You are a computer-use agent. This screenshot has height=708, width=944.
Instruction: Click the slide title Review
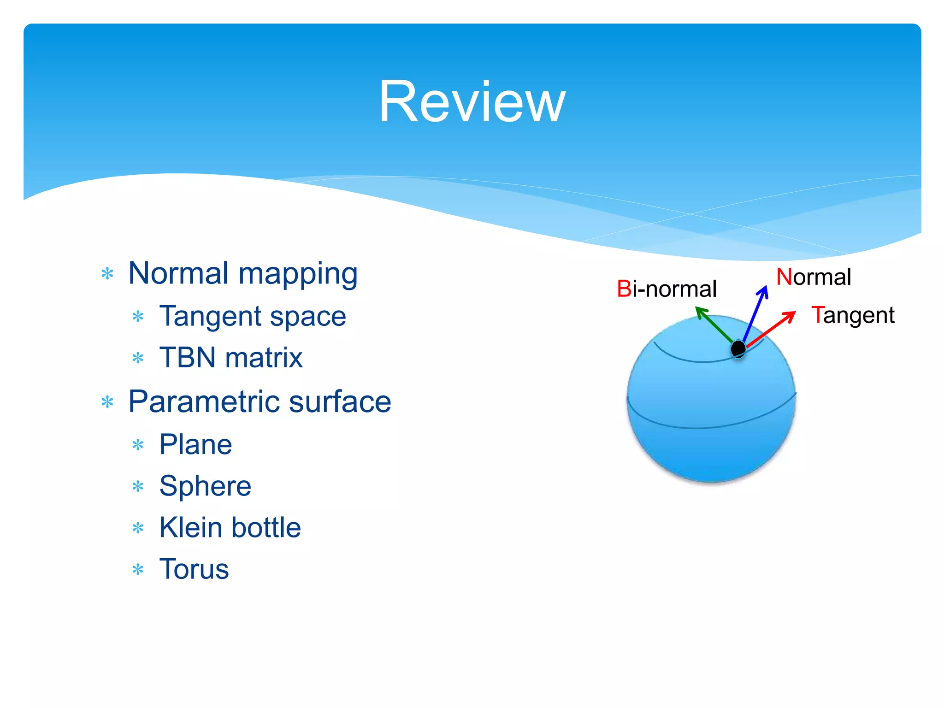coord(472,102)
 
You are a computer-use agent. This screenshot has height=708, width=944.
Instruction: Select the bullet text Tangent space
coord(253,317)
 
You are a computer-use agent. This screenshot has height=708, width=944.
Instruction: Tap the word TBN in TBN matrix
coord(187,358)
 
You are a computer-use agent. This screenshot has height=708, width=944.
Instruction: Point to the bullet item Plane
coord(195,445)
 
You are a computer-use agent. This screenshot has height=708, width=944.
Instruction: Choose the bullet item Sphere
coord(205,486)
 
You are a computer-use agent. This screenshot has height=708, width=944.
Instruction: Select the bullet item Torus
coord(194,569)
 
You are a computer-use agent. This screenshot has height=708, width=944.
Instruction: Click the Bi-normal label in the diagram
coord(667,289)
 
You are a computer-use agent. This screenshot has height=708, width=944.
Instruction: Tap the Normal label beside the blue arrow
coord(814,277)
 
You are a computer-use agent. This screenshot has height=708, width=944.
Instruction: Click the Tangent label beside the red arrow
coord(853,316)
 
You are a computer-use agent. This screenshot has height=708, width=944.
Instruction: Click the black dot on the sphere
coord(738,349)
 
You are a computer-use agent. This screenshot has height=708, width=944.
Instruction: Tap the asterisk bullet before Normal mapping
coord(107,274)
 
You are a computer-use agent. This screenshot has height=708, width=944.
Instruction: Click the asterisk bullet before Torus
coord(138,570)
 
